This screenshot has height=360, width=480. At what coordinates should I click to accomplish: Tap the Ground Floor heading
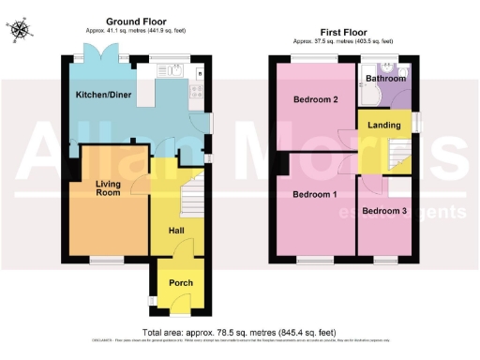[136, 21]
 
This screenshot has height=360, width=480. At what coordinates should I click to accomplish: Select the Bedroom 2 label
[315, 99]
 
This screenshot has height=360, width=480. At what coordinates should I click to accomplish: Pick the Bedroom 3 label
[384, 211]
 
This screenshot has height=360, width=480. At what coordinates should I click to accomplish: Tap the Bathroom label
[386, 79]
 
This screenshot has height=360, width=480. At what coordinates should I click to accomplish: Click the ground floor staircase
[192, 198]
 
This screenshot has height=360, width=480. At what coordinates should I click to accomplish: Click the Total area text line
[239, 333]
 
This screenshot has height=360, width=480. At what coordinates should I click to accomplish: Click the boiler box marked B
[200, 72]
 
